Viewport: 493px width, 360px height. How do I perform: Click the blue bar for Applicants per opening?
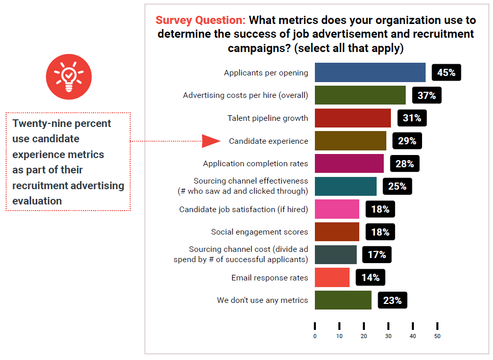pos(370,72)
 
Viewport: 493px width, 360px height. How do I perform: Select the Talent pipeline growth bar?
pos(353,118)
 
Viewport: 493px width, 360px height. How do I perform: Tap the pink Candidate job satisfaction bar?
pos(337,209)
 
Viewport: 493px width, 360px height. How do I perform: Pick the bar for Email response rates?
pos(332,277)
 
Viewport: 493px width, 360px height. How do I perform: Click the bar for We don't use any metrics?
pos(343,300)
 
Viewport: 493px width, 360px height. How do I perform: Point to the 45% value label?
pos(446,72)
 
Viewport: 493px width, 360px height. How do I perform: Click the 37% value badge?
pos(427,95)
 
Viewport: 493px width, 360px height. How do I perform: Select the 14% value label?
pos(370,277)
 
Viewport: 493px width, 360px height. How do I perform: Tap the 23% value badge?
pos(392,300)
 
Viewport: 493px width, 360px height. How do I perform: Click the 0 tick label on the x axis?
pos(315,336)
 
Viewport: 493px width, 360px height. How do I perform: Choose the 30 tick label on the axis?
pos(388,336)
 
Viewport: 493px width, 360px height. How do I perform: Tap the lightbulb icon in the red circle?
pos(69,76)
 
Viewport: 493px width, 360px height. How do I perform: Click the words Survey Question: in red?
pos(201,20)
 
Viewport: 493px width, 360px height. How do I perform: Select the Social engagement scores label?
pos(260,232)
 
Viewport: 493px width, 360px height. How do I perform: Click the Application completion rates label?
pos(256,164)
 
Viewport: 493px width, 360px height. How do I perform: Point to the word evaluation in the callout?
pos(37,201)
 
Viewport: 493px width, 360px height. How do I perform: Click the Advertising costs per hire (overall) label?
pos(245,95)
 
